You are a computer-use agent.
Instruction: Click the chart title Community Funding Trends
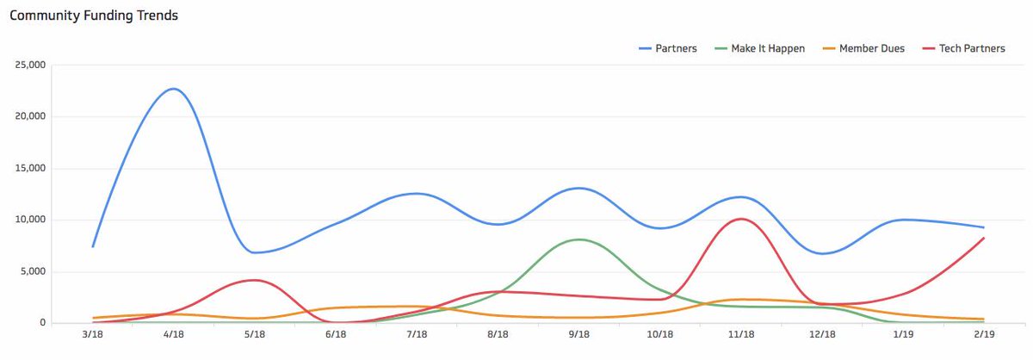tap(94, 16)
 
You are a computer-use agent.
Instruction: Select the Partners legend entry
tap(668, 49)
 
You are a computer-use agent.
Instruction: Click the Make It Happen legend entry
tap(760, 49)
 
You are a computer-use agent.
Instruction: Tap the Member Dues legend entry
tap(863, 49)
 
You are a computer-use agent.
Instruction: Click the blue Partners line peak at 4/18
tap(173, 89)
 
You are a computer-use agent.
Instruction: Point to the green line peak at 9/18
tap(578, 239)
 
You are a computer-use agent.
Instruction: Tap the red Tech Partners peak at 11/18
tap(740, 219)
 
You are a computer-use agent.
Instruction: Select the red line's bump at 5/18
tap(252, 280)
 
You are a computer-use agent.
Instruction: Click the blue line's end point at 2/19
tap(983, 227)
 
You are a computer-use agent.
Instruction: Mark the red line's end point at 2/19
tap(983, 238)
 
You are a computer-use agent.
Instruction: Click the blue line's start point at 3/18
tap(92, 246)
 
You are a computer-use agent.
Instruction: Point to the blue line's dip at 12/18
tap(822, 253)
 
